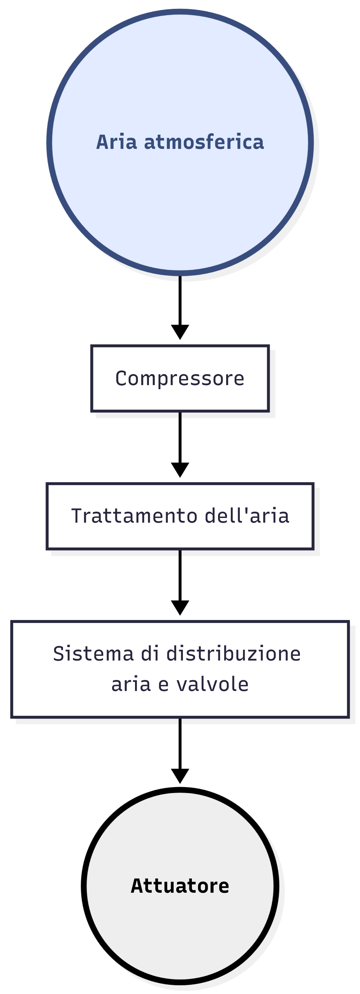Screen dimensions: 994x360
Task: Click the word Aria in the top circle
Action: coord(116,142)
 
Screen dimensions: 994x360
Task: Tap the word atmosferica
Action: coord(204,142)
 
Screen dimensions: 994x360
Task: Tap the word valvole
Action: coord(212,684)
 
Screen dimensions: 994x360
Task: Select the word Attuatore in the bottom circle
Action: coord(180,885)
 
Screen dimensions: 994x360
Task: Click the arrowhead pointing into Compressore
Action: coord(180,331)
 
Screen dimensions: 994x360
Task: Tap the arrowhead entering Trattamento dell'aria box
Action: coord(180,469)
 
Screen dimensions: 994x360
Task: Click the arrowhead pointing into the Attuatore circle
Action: coord(180,775)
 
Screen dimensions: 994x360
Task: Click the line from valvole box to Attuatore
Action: coord(180,743)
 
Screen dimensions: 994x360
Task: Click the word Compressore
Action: coord(180,378)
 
